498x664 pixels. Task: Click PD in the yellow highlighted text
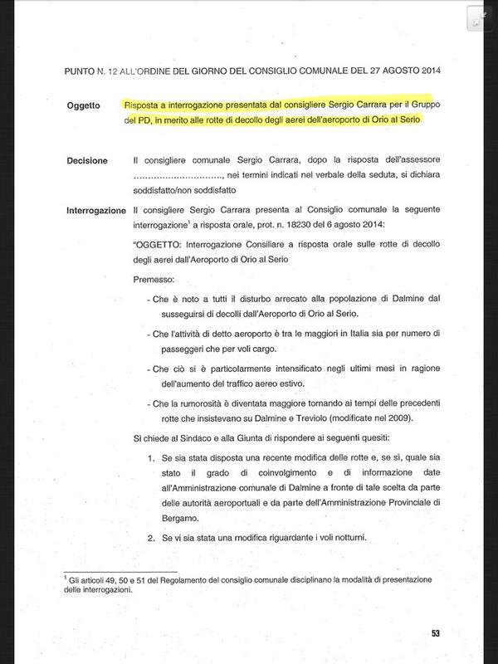coord(141,120)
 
